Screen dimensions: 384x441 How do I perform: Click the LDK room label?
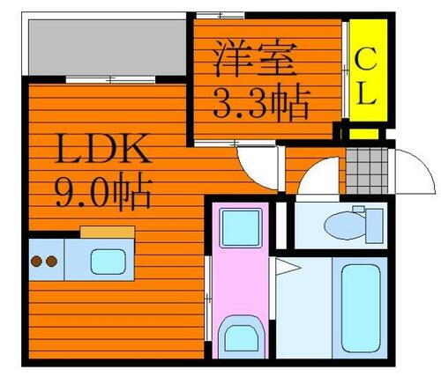pyautogui.click(x=102, y=149)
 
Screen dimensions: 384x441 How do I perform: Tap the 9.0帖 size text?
pyautogui.click(x=102, y=188)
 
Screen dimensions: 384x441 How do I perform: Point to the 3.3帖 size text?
pyautogui.click(x=262, y=105)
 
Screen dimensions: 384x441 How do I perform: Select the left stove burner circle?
pyautogui.click(x=38, y=261)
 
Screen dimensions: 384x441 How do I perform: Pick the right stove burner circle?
pyautogui.click(x=52, y=261)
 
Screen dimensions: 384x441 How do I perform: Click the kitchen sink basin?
pyautogui.click(x=108, y=261)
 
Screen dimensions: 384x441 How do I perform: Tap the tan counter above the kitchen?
pyautogui.click(x=107, y=233)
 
